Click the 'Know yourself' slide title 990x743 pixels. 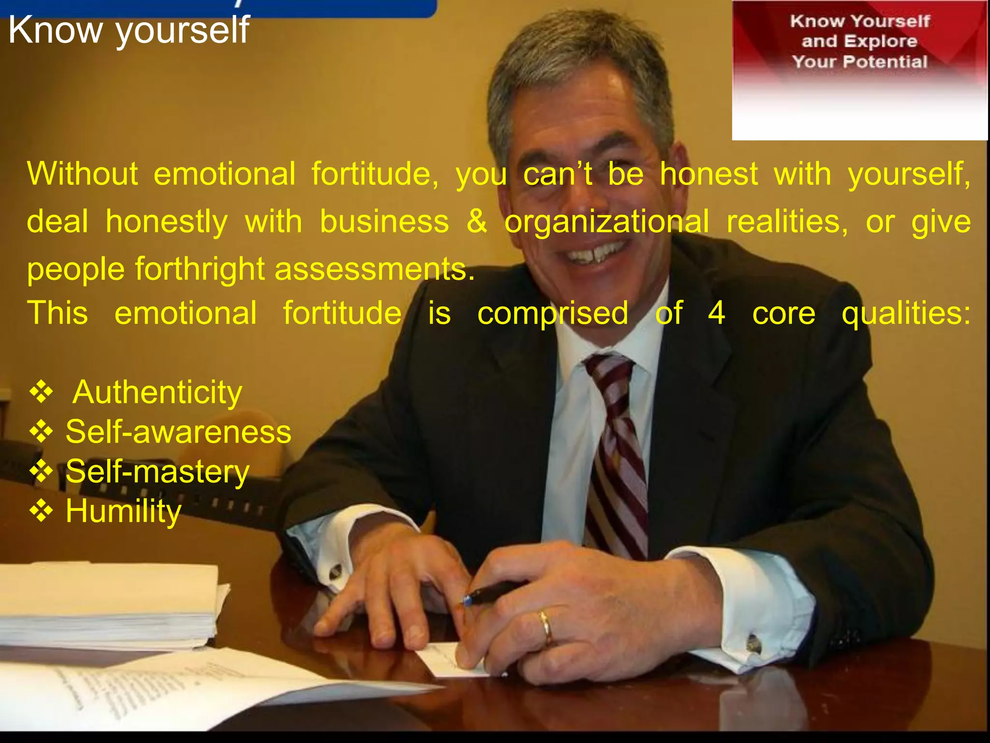[129, 30]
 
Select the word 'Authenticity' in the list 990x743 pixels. [157, 392]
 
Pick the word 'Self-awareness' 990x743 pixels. [178, 431]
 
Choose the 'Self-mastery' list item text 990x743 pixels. [157, 472]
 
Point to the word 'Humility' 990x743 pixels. [123, 511]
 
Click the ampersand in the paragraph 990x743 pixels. [477, 222]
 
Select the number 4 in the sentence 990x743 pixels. [716, 313]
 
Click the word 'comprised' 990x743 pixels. [553, 313]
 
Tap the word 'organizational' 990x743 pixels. [607, 222]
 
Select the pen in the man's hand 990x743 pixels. [493, 593]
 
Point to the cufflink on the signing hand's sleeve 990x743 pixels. [753, 643]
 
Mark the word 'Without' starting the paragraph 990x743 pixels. [82, 174]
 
